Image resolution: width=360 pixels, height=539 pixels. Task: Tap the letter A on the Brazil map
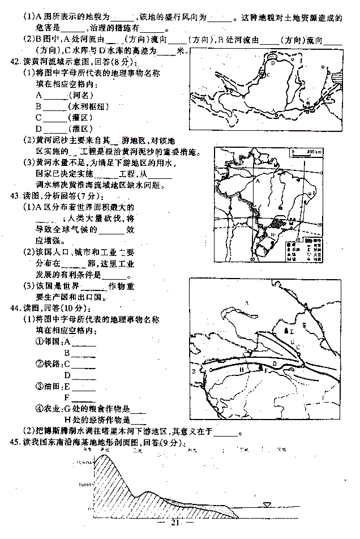point(258,183)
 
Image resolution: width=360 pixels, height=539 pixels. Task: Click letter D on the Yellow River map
point(273,64)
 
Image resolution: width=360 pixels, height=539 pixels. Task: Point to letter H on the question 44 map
point(242,369)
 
